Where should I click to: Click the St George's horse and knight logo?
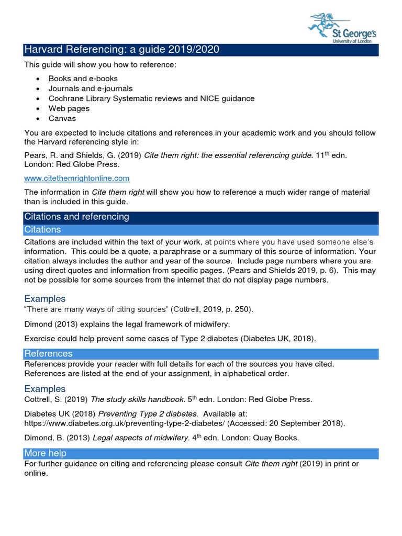click(x=325, y=23)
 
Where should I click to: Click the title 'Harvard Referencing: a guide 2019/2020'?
click(x=121, y=50)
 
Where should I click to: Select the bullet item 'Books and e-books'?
click(x=83, y=79)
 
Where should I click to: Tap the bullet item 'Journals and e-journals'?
click(x=91, y=88)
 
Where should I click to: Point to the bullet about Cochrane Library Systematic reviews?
click(x=151, y=98)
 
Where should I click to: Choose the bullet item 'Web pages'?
click(x=69, y=108)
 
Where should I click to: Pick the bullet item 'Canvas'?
click(x=62, y=118)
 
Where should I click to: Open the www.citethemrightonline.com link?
click(x=77, y=178)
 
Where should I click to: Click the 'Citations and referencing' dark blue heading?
click(x=76, y=217)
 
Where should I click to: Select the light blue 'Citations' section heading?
click(x=42, y=229)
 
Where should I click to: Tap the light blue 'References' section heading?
click(x=48, y=354)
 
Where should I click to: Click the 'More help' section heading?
click(x=46, y=453)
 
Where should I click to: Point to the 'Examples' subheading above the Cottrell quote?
click(x=45, y=299)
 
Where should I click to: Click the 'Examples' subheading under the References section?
click(x=45, y=389)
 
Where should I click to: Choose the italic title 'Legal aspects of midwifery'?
click(x=141, y=438)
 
